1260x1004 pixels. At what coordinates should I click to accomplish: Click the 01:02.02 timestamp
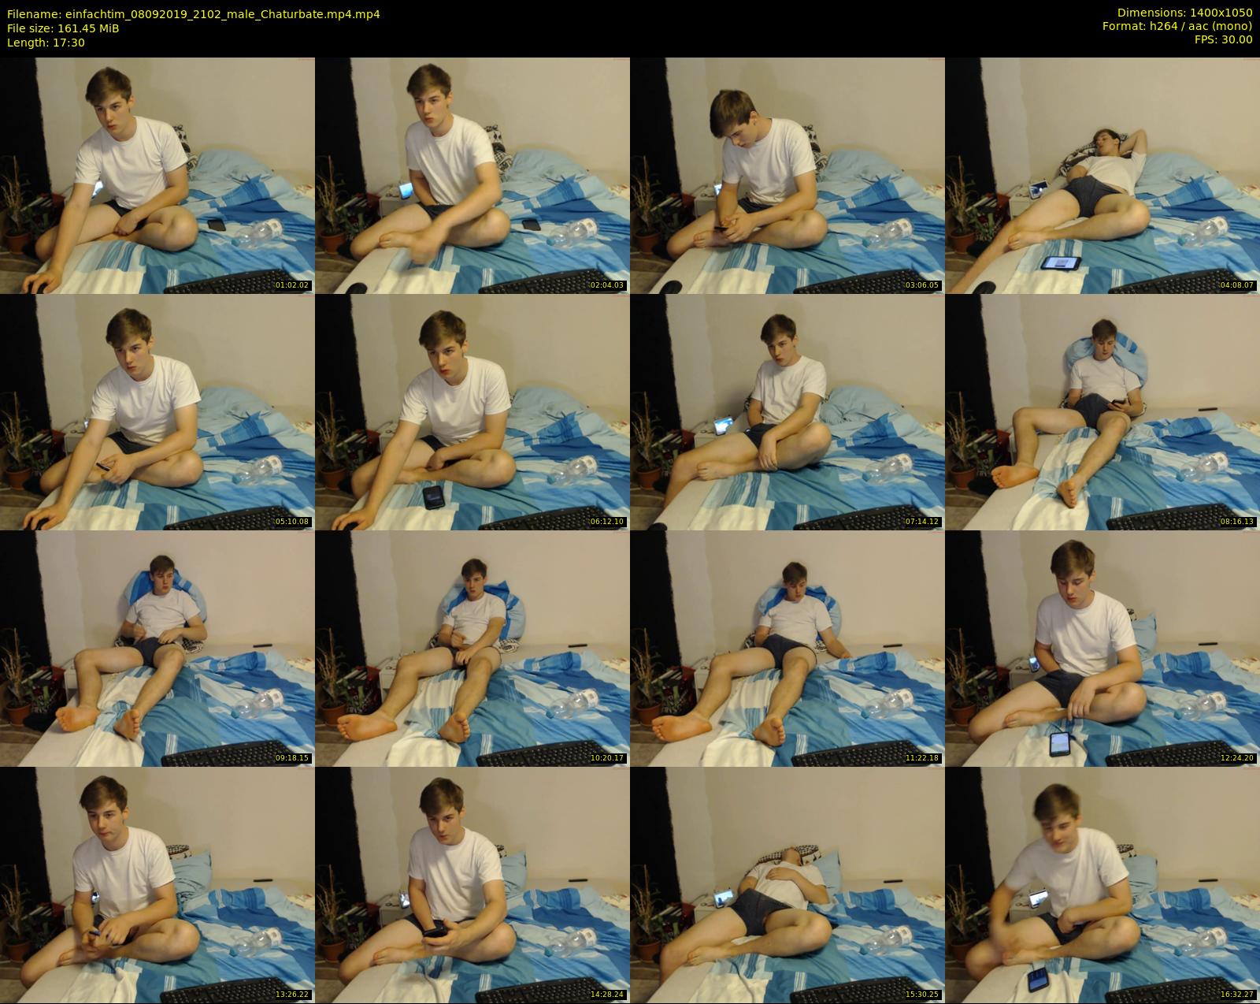tap(291, 285)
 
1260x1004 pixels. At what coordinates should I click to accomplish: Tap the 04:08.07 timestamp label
tap(1236, 285)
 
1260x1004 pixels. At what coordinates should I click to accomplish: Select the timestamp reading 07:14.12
tap(921, 522)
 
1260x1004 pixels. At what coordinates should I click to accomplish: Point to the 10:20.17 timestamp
tap(606, 758)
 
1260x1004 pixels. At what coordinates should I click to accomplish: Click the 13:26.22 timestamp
tap(291, 994)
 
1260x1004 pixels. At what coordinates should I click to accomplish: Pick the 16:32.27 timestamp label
tap(1236, 994)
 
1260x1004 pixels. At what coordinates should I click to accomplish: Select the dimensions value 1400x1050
tap(1221, 13)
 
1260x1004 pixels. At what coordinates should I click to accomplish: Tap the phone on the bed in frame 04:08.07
tap(1060, 263)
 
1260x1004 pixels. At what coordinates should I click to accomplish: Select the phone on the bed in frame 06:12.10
tap(434, 496)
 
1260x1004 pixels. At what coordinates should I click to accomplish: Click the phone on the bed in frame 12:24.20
tap(1060, 743)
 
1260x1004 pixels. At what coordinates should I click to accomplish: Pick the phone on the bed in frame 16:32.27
tap(1037, 978)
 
